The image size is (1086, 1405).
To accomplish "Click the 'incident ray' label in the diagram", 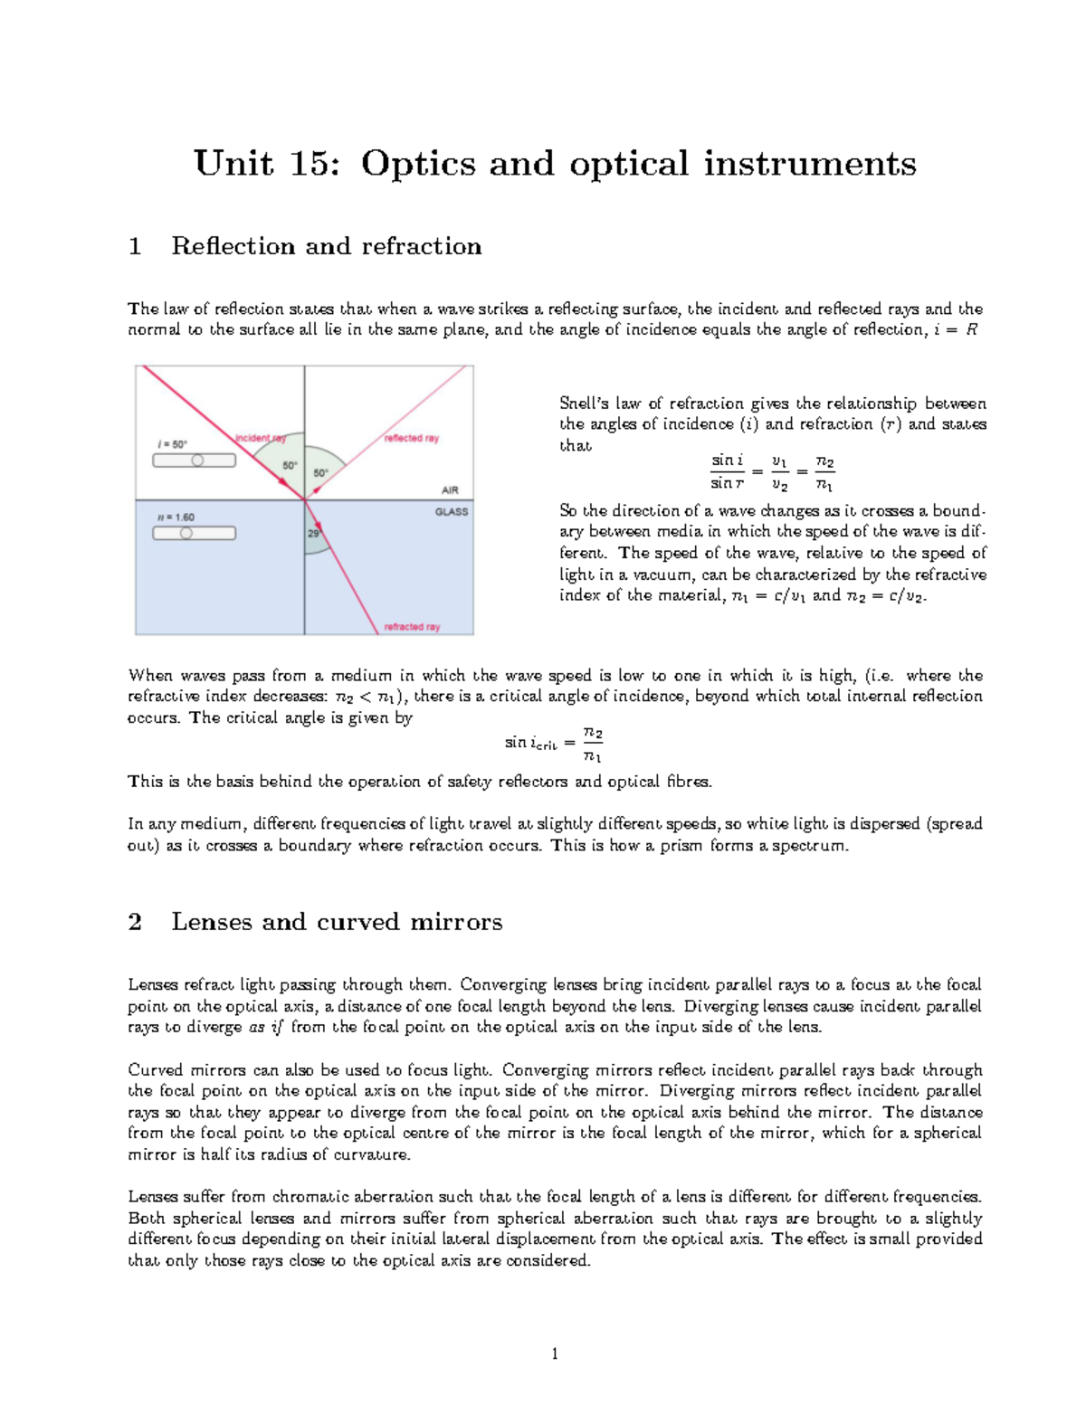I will tap(261, 438).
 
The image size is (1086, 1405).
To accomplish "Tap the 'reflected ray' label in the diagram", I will tap(411, 438).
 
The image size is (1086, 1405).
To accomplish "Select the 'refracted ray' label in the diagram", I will tap(412, 626).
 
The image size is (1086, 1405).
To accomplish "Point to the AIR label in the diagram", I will tap(450, 490).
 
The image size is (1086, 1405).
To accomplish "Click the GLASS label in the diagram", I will tap(452, 511).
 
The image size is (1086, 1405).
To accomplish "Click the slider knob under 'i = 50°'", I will tap(197, 460).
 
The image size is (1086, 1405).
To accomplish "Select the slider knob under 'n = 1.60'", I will tap(186, 533).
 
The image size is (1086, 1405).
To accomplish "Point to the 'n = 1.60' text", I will tap(176, 517).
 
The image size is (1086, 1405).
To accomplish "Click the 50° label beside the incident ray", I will tap(290, 466).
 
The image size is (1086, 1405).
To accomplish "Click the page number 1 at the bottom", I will tap(554, 1353).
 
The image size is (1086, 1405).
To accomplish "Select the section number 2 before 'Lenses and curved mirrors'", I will tap(135, 922).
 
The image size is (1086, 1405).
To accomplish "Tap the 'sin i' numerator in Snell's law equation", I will tap(726, 460).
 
